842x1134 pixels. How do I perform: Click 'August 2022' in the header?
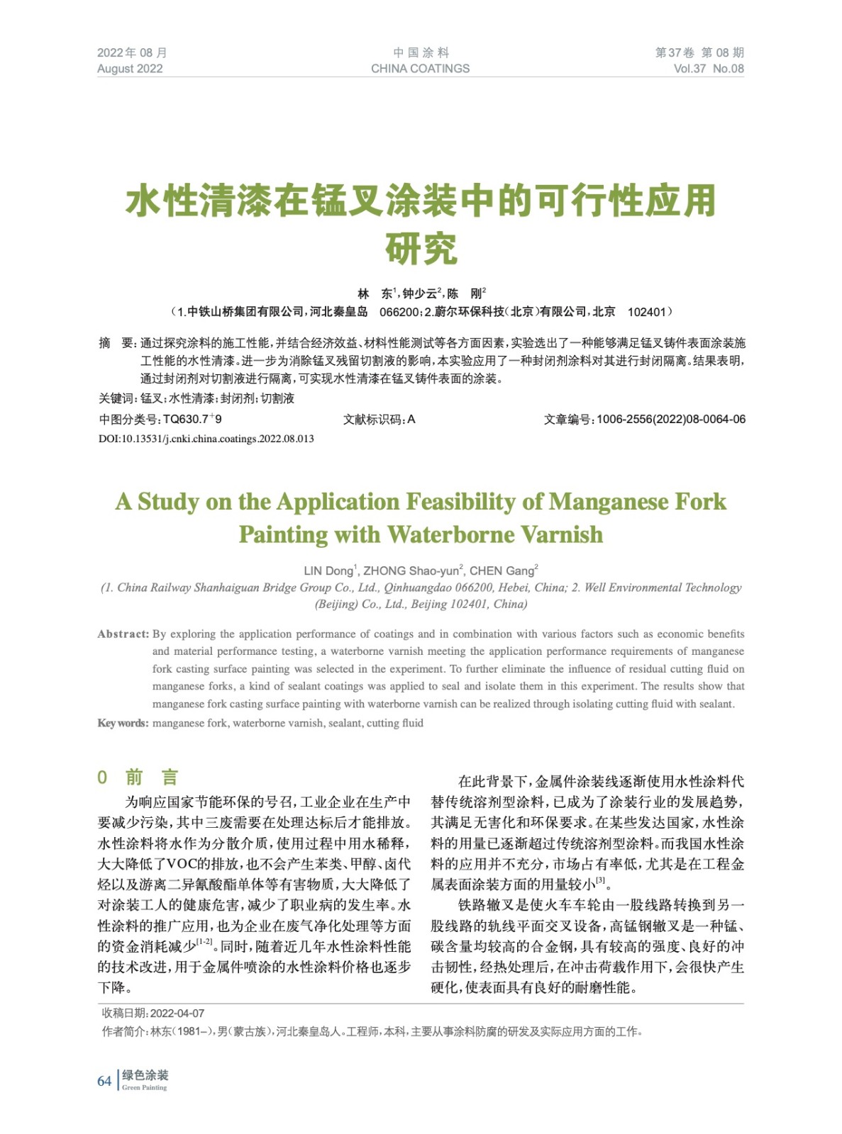130,69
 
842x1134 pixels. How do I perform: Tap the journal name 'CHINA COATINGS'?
420,69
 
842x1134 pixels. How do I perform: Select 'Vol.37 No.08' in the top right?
709,69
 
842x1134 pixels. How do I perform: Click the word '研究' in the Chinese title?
421,249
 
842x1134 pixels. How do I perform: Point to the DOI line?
206,439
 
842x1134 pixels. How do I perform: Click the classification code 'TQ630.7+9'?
192,420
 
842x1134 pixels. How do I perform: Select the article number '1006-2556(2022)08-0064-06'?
671,420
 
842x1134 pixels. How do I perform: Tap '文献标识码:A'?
379,420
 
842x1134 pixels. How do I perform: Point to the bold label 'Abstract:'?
123,634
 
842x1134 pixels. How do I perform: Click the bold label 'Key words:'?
123,723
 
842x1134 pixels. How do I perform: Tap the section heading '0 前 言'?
138,777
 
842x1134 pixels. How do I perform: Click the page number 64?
104,1081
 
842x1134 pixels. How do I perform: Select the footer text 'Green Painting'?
145,1088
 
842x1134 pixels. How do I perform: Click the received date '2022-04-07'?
177,1014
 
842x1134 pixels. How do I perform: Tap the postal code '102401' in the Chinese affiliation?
647,312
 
